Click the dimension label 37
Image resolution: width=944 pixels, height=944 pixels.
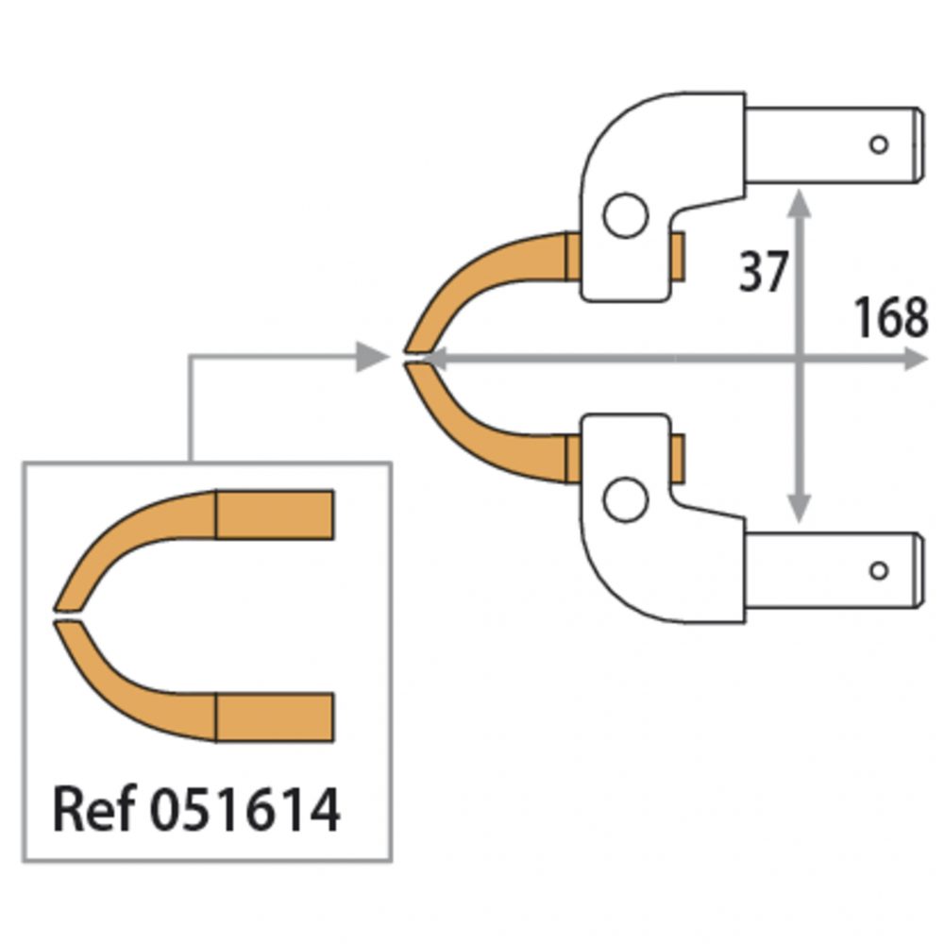(763, 273)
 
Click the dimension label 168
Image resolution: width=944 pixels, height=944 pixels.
(890, 318)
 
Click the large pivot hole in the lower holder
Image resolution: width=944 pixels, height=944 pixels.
(625, 498)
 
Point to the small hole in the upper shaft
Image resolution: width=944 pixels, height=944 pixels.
(879, 144)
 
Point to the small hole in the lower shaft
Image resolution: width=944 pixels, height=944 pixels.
(879, 570)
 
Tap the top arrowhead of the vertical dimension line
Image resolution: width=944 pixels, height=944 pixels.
(800, 201)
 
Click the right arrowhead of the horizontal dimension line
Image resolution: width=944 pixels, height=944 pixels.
(916, 360)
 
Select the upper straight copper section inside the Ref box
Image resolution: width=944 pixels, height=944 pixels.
(275, 514)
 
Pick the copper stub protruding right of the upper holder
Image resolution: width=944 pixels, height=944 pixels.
(676, 257)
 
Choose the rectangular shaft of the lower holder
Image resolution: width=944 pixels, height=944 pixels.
(831, 570)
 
